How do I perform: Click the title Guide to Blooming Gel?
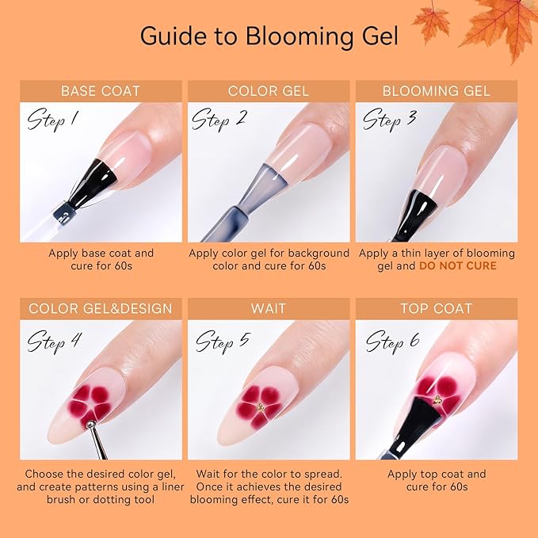coord(268,36)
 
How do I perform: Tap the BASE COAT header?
coord(100,90)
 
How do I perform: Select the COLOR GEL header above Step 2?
coord(268,90)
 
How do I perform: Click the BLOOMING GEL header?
coord(436,90)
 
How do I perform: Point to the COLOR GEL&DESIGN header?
coord(100,308)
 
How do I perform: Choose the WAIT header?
coord(268,308)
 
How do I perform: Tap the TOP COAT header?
coord(436,308)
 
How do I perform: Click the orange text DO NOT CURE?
coord(458,265)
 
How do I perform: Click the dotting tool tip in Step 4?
coord(90,428)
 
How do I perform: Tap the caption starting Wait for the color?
coord(268,486)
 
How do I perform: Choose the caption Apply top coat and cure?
coord(436,480)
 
